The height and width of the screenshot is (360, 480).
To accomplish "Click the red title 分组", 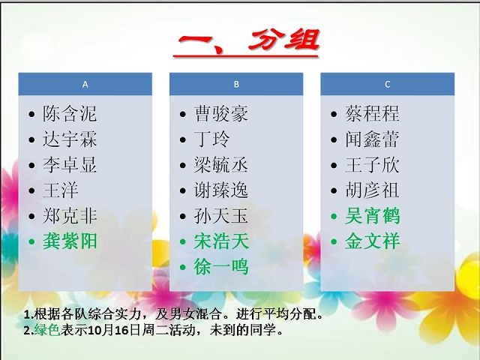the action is point(283,40).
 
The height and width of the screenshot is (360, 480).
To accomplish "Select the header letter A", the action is point(85,84).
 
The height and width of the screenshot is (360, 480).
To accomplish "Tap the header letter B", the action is point(236,84).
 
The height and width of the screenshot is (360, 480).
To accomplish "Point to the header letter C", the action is point(387,84).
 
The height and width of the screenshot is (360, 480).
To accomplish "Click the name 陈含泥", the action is point(70,114).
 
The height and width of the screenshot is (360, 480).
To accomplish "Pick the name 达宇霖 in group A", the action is point(70,139).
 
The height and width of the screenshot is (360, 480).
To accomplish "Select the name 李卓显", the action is point(70,165).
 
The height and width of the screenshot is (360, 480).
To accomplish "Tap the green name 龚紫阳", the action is point(70,241).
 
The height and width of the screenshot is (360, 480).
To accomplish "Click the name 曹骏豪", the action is point(221,114).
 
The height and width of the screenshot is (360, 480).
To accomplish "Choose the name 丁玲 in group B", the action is point(211,139).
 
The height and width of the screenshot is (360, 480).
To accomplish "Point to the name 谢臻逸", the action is point(221,190).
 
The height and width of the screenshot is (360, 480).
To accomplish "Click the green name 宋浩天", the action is point(221,241).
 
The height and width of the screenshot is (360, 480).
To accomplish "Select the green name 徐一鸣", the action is point(221,267).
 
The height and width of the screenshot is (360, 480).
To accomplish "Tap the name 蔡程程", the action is point(372,114).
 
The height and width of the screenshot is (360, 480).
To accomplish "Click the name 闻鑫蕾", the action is point(372,139).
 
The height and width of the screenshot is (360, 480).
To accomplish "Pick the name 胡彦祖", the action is point(372,190).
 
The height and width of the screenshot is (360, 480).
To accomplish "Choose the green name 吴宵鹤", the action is point(372,216).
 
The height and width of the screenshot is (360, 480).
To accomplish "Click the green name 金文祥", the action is point(372,241).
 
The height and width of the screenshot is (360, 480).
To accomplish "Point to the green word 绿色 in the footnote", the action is point(47,330).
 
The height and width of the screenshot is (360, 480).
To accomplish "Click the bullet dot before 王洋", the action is point(31,190).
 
